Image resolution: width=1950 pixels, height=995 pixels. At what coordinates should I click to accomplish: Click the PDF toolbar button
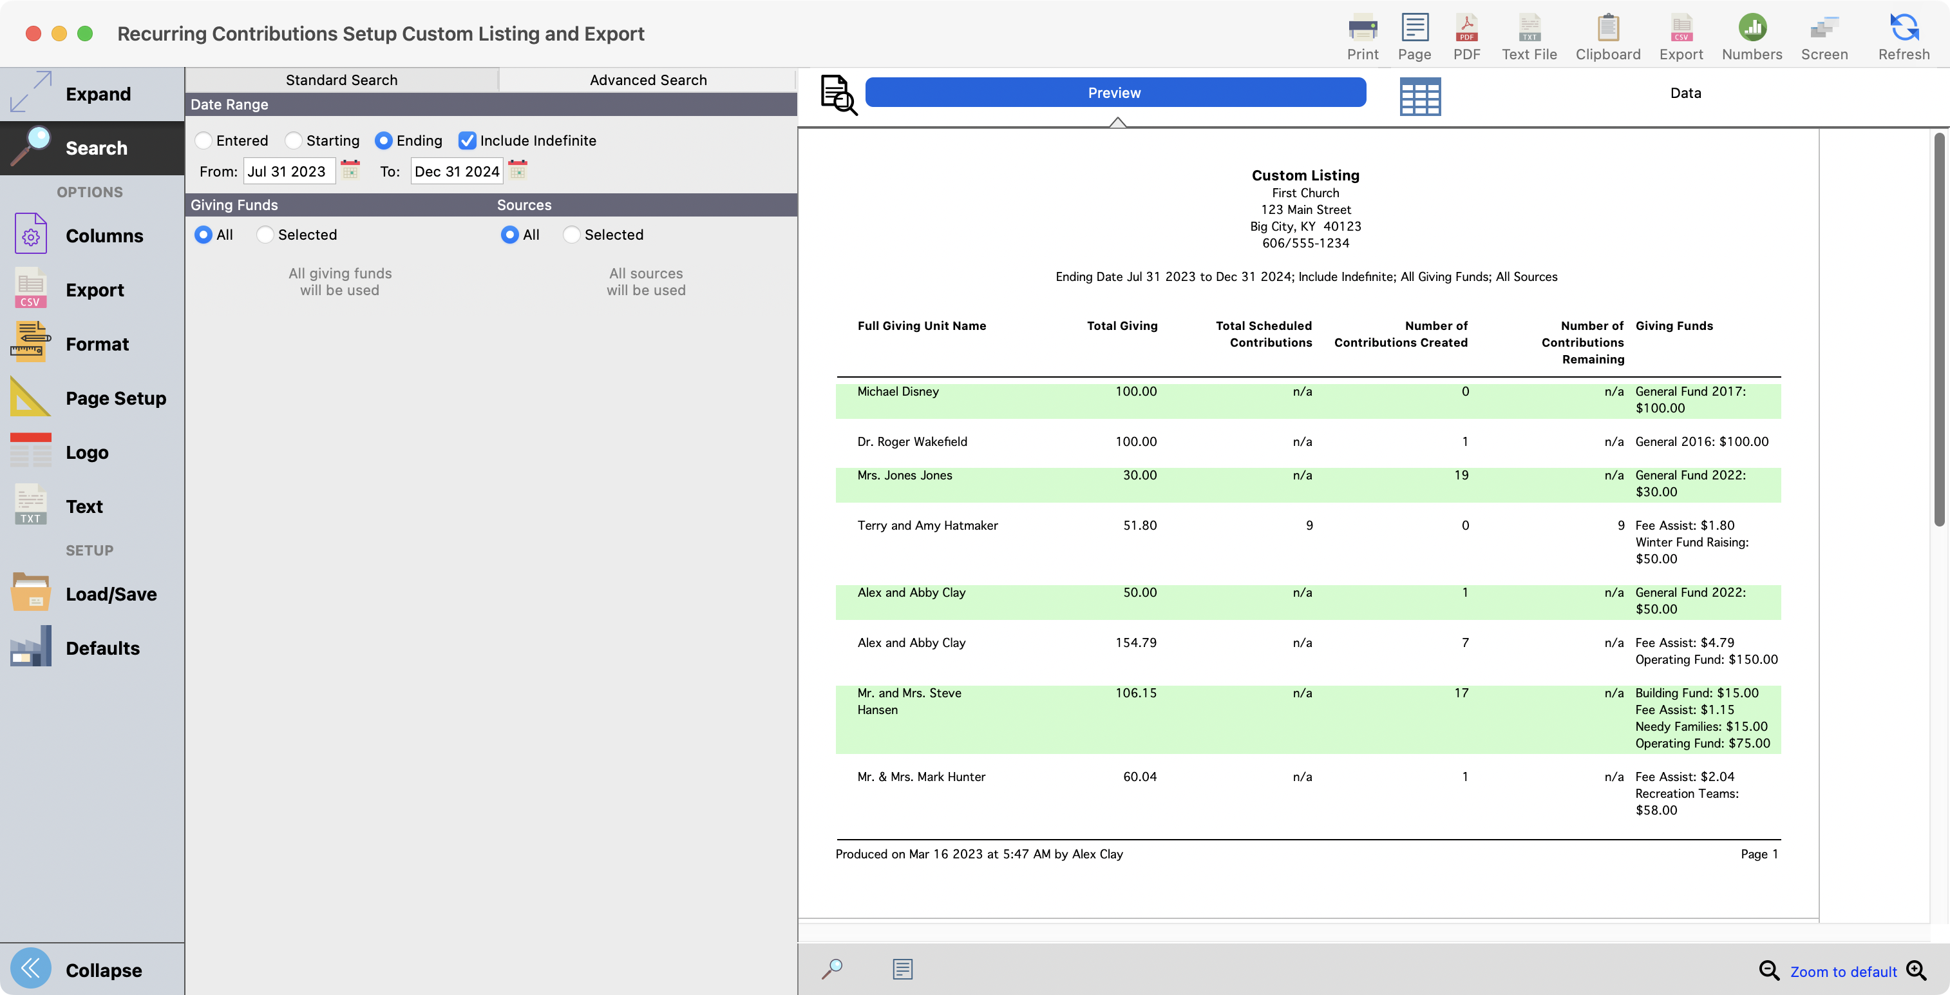pos(1466,35)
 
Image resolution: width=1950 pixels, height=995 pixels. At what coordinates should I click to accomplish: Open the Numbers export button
pos(1752,35)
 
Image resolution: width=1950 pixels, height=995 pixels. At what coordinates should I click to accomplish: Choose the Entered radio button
pos(204,141)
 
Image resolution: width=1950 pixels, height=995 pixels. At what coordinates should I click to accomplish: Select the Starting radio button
pos(294,141)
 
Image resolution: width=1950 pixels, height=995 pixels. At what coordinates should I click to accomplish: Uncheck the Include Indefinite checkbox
pos(467,141)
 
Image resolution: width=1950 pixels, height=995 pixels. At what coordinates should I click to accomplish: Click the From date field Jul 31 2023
pos(289,172)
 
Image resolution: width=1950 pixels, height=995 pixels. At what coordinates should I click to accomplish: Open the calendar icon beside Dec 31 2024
pos(518,170)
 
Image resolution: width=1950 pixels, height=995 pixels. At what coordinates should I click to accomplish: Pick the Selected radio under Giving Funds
pos(265,235)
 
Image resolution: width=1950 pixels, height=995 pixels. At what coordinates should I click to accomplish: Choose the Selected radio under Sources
pos(571,235)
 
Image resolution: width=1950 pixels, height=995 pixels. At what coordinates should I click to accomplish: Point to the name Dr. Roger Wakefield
pos(912,441)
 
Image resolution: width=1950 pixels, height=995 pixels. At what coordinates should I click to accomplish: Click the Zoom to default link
pos(1843,972)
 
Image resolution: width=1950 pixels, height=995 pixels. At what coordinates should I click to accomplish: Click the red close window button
pos(33,34)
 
